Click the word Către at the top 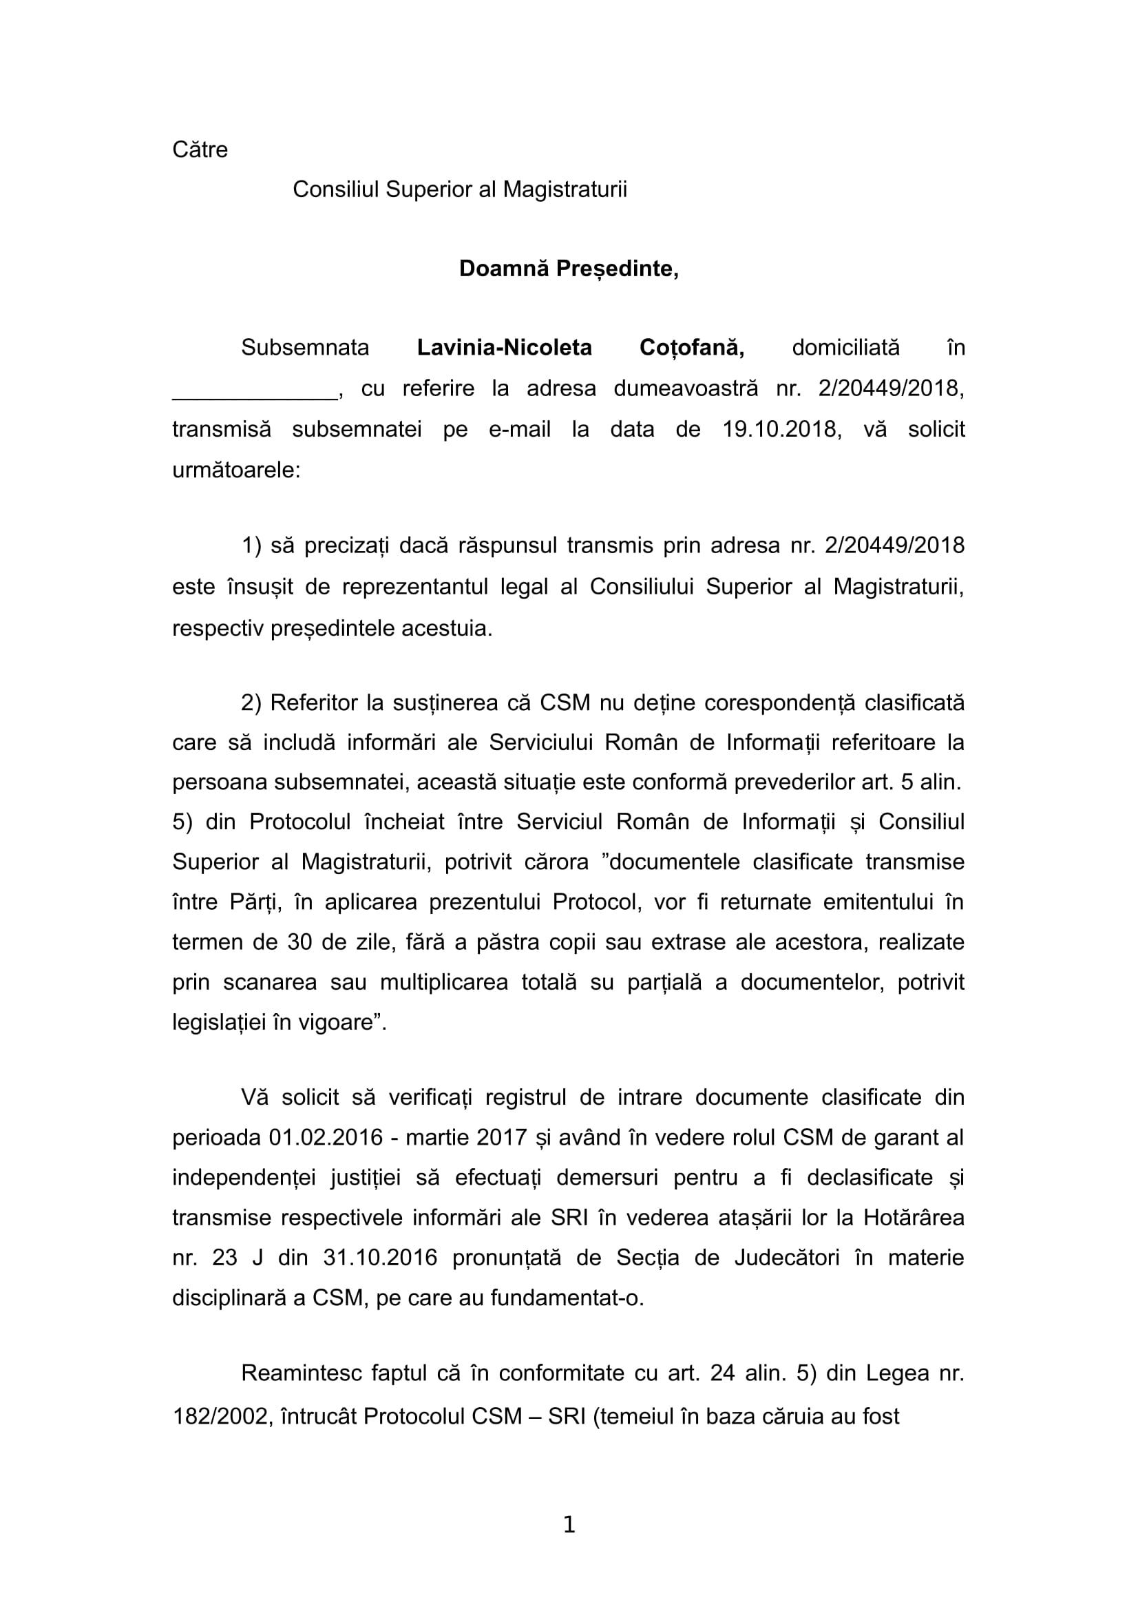(200, 150)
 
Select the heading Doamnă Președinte (569, 269)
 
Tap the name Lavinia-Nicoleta (504, 348)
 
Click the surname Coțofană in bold (691, 348)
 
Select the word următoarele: (236, 470)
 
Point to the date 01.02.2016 (326, 1137)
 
